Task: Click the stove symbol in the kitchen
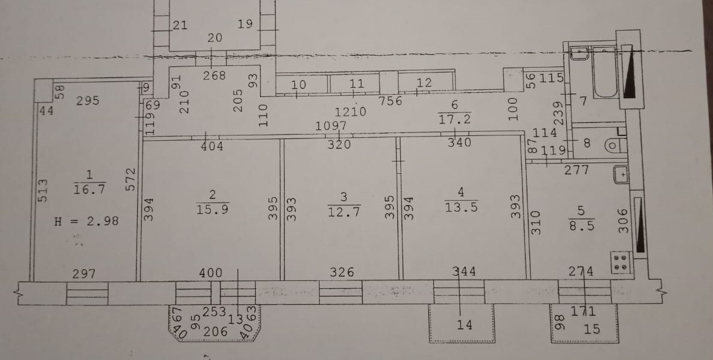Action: pyautogui.click(x=622, y=262)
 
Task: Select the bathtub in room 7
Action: pyautogui.click(x=604, y=72)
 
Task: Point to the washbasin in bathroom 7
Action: pyautogui.click(x=578, y=53)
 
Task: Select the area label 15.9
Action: pyautogui.click(x=212, y=208)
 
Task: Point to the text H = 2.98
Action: pyautogui.click(x=86, y=221)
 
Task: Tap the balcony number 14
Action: pyautogui.click(x=464, y=325)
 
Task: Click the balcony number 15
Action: pyautogui.click(x=591, y=329)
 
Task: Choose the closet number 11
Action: pyautogui.click(x=357, y=84)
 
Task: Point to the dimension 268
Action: pyautogui.click(x=214, y=75)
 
